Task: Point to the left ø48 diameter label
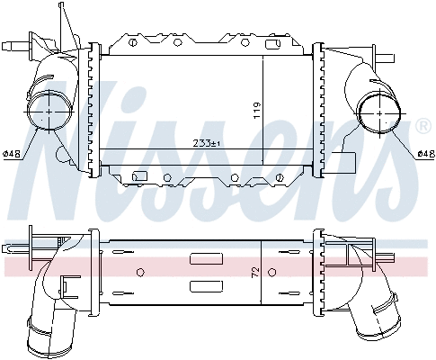(x=12, y=154)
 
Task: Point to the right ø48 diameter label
(x=425, y=154)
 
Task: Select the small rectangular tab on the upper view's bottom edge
(x=138, y=177)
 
